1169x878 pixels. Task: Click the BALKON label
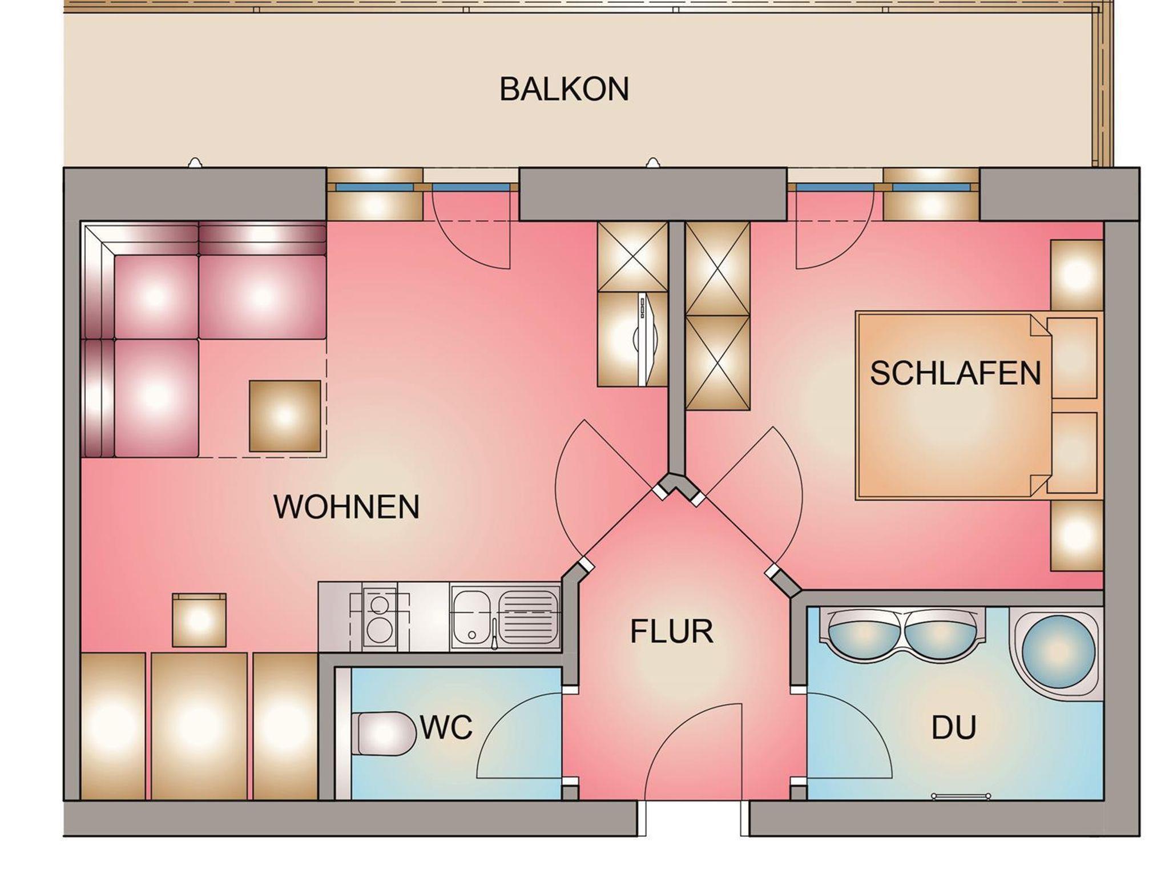[x=564, y=90]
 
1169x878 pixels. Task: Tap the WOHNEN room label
[x=346, y=507]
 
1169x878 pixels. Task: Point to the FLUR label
[x=671, y=632]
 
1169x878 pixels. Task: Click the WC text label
[x=446, y=727]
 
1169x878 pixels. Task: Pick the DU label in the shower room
[x=954, y=728]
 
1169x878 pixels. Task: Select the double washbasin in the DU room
[x=902, y=633]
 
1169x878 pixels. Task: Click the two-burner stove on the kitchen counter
[x=378, y=617]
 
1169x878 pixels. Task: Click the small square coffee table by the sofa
[x=285, y=416]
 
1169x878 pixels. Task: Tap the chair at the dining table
[x=199, y=620]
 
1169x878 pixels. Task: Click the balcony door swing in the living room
[x=471, y=230]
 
